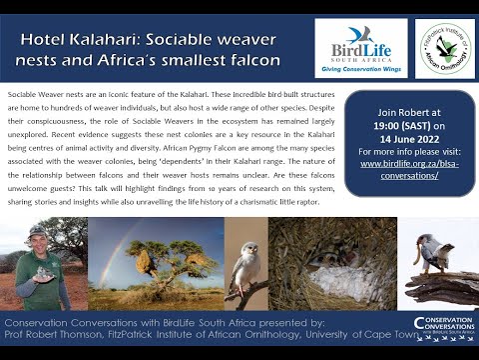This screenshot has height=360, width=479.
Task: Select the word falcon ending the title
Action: point(250,60)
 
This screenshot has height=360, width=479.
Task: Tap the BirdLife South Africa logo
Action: point(360,47)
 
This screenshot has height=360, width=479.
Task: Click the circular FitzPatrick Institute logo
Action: point(444,48)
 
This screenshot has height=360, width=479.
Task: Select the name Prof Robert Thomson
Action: point(49,337)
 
